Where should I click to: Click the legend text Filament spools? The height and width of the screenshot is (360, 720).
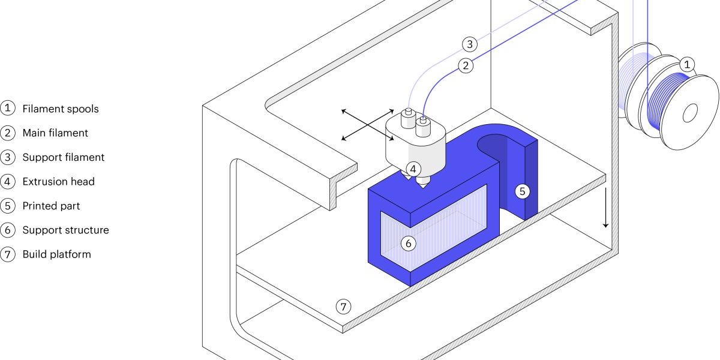click(x=61, y=109)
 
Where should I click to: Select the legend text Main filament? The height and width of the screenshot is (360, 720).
click(x=55, y=133)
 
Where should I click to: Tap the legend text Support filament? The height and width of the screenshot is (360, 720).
click(x=64, y=157)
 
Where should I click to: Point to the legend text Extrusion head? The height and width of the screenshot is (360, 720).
click(x=58, y=181)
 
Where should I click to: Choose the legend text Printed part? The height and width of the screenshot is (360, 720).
click(x=51, y=206)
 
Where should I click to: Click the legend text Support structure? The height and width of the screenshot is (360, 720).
click(x=65, y=230)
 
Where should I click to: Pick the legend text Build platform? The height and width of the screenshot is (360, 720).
click(x=56, y=254)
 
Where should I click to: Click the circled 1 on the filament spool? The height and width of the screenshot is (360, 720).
click(x=688, y=64)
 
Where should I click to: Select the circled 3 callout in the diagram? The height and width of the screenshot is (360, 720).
click(x=470, y=44)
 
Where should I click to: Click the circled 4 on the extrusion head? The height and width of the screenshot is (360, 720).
click(x=413, y=169)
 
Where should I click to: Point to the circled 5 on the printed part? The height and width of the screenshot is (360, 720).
click(x=522, y=191)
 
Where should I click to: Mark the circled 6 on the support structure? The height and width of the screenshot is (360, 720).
click(x=408, y=243)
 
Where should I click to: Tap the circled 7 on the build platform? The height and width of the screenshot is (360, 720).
click(x=343, y=307)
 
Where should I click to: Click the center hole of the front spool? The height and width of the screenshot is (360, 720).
click(x=690, y=112)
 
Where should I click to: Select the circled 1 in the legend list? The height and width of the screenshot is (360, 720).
click(x=8, y=109)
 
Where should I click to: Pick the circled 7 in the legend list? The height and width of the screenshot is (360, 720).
click(x=8, y=254)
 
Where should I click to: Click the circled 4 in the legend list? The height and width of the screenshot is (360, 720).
click(x=8, y=181)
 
